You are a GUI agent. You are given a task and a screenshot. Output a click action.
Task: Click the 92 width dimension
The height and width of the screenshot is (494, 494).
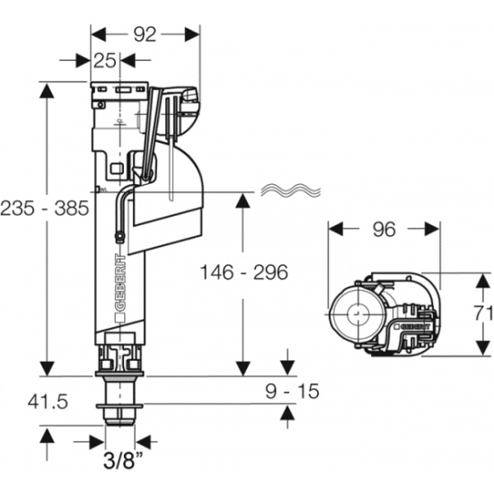pos(145,34)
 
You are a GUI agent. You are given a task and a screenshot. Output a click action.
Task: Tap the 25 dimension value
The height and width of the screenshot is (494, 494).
pos(104,60)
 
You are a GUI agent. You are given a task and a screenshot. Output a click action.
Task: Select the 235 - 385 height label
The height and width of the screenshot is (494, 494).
pos(45,208)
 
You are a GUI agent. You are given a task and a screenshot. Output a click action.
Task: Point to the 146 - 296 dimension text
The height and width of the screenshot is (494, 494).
pos(244,272)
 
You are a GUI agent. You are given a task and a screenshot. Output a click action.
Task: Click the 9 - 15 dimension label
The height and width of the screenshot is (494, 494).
pos(292,391)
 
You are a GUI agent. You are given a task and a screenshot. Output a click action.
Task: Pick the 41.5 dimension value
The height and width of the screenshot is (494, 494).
pos(48,401)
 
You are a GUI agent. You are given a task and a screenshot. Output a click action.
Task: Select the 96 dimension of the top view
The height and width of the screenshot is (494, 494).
pos(384,229)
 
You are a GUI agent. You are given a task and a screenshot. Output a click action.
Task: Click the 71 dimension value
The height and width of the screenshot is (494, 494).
pos(483,313)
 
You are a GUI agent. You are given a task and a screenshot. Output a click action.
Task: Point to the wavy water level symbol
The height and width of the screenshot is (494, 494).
pos(290,190)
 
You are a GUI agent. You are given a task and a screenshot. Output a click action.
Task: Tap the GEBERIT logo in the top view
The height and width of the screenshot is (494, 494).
pos(412,327)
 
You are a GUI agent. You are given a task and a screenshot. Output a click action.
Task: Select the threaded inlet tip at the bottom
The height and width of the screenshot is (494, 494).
pos(119,420)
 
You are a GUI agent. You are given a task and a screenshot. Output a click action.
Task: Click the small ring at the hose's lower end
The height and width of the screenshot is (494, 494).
pos(119,235)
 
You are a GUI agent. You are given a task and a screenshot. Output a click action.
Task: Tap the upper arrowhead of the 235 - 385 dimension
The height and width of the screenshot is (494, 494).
pos(48,92)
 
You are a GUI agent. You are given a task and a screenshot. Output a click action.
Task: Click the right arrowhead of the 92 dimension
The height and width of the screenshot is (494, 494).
pos(192,34)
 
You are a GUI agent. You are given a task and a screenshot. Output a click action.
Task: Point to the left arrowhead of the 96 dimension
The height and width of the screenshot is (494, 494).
pos(336,229)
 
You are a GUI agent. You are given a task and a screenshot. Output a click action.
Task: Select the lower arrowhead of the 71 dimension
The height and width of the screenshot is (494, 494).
pos(483,348)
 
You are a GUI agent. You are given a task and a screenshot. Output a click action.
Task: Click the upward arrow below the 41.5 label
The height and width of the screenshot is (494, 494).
pos(48,444)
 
